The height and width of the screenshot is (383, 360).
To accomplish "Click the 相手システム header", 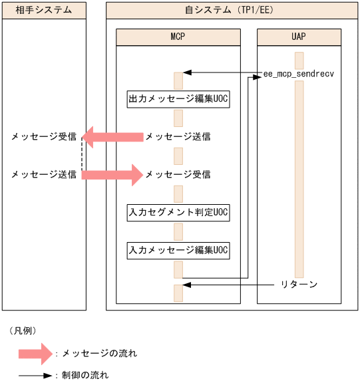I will (x=44, y=10).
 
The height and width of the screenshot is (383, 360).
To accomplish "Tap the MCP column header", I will (x=178, y=37).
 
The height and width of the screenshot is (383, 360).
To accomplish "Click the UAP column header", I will (x=299, y=37).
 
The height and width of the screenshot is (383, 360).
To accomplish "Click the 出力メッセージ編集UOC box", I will (x=178, y=99).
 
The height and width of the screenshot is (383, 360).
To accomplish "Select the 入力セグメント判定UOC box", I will (x=178, y=212).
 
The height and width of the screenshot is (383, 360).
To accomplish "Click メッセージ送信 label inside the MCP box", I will (x=178, y=137).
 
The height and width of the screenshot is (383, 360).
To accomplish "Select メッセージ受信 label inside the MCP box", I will (x=178, y=175).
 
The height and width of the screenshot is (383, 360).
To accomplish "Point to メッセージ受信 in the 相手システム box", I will (x=43, y=137).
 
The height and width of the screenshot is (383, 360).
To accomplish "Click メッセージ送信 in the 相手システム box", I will (x=43, y=175).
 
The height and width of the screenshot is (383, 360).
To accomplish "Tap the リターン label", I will (x=299, y=285).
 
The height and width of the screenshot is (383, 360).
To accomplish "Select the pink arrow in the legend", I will (x=36, y=353).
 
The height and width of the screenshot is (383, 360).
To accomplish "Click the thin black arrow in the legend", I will (x=36, y=376).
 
